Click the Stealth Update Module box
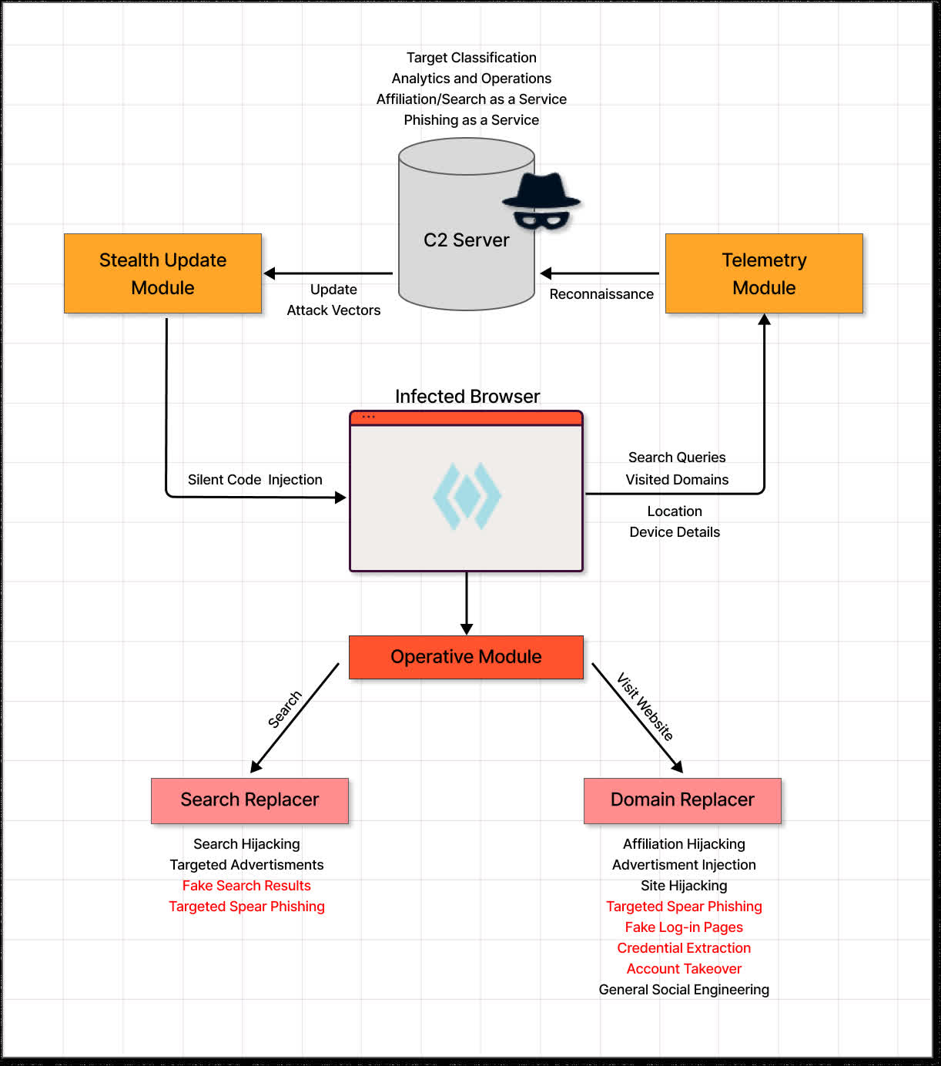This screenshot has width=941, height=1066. [162, 273]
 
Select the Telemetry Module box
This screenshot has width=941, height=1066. [764, 273]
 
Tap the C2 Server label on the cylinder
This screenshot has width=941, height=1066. [466, 240]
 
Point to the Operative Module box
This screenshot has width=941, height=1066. [466, 657]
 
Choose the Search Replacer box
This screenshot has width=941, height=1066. [249, 800]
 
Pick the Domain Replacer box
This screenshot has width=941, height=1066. [682, 800]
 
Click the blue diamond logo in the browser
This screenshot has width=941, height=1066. [467, 495]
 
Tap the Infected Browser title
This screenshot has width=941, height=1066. [467, 396]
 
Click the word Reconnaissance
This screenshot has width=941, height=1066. [601, 294]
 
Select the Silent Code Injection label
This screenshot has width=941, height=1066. [255, 480]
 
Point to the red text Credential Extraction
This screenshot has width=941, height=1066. [684, 947]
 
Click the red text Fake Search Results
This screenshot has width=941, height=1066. [246, 886]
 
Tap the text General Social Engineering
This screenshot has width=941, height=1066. [684, 990]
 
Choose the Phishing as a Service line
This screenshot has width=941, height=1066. [471, 120]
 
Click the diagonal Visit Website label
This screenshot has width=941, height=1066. [645, 706]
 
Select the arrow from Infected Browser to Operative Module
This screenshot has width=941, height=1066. [466, 603]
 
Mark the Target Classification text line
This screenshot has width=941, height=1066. [471, 57]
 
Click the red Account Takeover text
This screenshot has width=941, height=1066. [684, 969]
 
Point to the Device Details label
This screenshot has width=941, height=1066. [675, 532]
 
